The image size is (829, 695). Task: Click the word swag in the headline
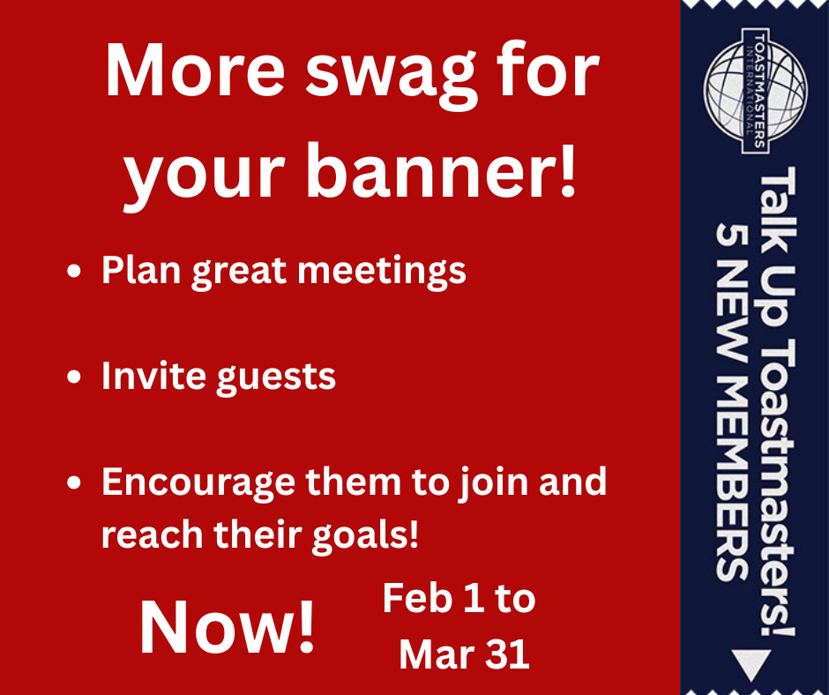click(x=392, y=77)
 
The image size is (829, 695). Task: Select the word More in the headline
click(x=195, y=70)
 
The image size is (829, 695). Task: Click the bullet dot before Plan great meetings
click(x=74, y=271)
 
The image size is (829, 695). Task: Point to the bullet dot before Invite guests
click(x=74, y=377)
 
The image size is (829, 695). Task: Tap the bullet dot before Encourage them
click(x=74, y=482)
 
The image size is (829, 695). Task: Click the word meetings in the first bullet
click(x=382, y=273)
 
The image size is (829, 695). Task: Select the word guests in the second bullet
click(x=276, y=378)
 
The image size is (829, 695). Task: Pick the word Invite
click(x=153, y=376)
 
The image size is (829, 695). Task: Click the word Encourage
click(x=198, y=484)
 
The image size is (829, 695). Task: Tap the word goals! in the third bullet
click(x=365, y=535)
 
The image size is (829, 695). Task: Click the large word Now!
click(x=227, y=627)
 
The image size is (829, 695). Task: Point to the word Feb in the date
click(x=417, y=599)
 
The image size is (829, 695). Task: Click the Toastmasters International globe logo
click(x=755, y=91)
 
